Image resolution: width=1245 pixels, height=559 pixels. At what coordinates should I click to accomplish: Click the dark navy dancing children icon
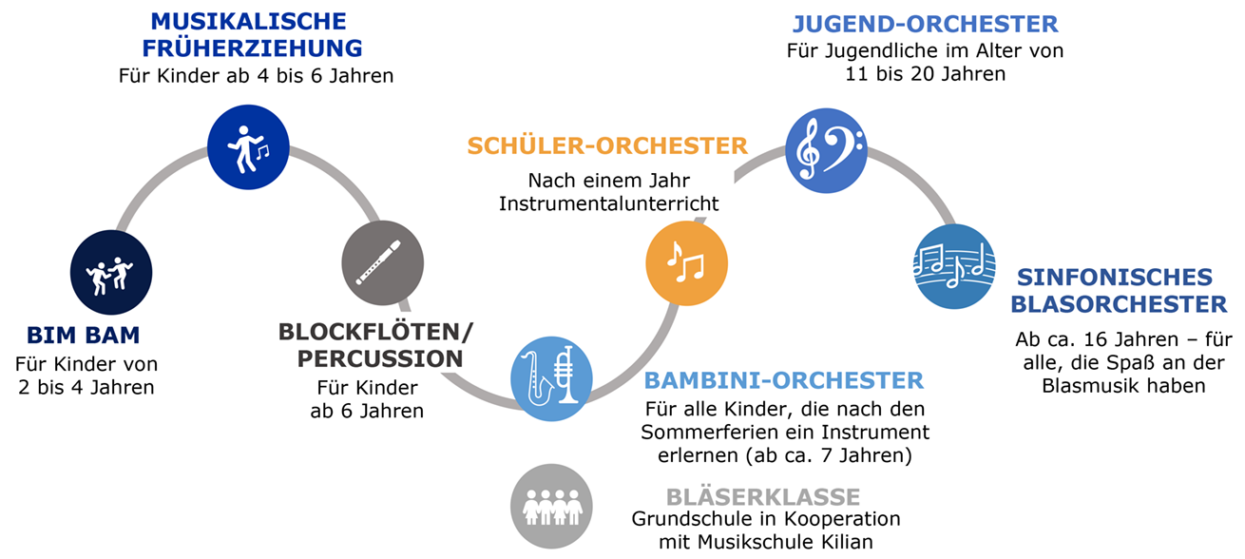[111, 273]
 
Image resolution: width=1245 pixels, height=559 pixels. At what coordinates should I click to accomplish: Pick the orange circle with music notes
[686, 262]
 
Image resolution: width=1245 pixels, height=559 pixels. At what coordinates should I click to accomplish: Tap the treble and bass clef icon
[825, 150]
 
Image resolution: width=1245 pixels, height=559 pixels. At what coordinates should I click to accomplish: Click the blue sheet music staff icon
[953, 265]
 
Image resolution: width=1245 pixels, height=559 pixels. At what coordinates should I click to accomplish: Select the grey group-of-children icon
[551, 504]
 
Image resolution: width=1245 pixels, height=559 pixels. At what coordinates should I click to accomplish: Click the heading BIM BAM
[84, 335]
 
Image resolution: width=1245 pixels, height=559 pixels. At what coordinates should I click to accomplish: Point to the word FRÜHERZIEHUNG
[259, 48]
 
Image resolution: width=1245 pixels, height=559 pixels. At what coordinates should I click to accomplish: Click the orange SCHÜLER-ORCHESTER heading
[607, 146]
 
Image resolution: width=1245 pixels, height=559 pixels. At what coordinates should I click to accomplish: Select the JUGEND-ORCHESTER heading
[925, 24]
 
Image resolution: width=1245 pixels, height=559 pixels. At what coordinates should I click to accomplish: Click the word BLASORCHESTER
[1120, 304]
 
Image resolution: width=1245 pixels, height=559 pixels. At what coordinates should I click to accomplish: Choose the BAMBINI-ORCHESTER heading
[783, 381]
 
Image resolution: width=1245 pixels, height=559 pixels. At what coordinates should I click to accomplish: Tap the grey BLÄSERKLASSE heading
[763, 496]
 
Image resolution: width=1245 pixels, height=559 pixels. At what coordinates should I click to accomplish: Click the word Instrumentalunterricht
[608, 202]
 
